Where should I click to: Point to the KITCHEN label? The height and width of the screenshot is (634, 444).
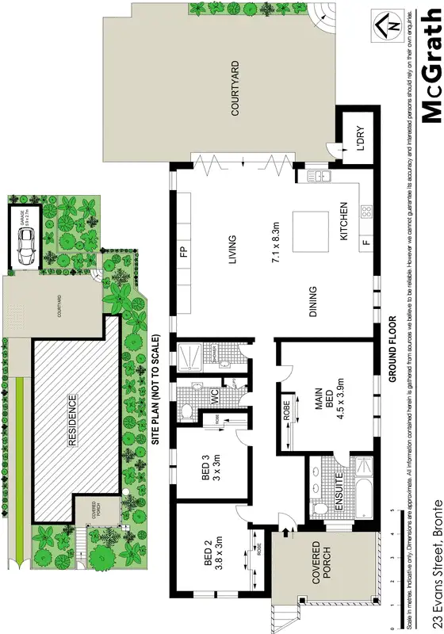tap(343, 221)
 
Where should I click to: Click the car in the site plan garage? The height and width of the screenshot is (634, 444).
tap(25, 248)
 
